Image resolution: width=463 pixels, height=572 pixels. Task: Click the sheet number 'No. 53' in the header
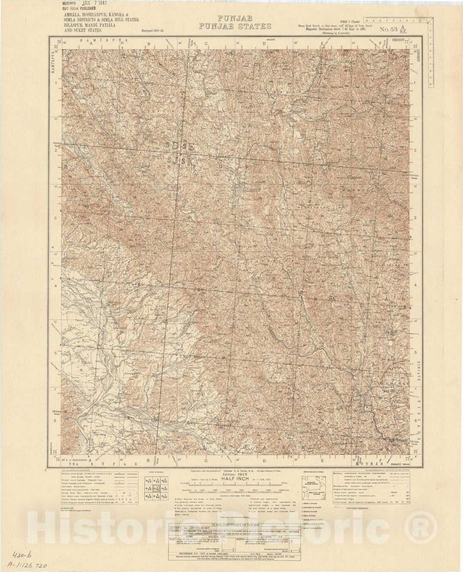386,29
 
